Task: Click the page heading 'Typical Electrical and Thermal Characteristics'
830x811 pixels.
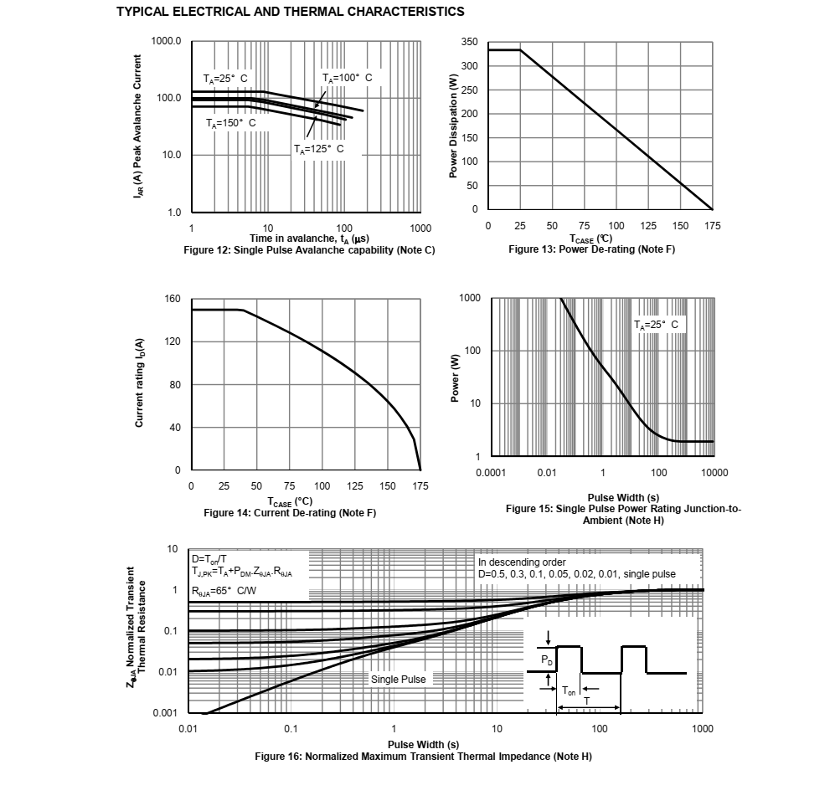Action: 290,12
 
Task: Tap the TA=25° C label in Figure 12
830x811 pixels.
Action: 224,79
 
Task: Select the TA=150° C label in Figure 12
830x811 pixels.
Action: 230,123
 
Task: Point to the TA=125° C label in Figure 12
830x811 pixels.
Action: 318,149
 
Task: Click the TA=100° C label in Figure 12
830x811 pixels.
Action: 347,78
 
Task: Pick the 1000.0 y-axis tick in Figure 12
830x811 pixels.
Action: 166,41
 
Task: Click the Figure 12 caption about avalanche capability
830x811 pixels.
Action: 309,250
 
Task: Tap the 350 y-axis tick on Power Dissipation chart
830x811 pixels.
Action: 470,42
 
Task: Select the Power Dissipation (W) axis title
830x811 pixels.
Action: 453,126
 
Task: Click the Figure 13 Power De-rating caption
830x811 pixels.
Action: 591,249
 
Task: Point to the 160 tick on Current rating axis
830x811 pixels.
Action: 173,299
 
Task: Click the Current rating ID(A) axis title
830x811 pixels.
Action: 140,384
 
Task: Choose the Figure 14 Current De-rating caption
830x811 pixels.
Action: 290,512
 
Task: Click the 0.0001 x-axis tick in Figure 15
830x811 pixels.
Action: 491,473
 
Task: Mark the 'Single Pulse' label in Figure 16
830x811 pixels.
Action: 398,679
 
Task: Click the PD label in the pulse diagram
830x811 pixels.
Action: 547,661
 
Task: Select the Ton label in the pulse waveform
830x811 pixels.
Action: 569,690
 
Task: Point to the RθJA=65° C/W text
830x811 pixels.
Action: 224,591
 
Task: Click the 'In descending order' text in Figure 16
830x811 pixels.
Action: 522,562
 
